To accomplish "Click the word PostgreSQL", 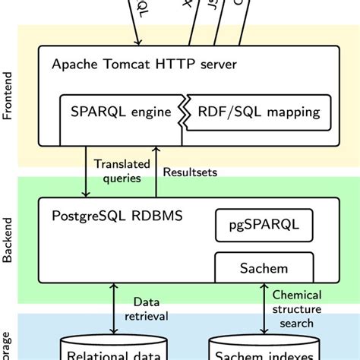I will (92, 216).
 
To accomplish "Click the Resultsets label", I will (191, 172).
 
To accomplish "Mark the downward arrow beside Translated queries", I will (84, 171).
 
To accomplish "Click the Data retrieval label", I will (150, 309).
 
